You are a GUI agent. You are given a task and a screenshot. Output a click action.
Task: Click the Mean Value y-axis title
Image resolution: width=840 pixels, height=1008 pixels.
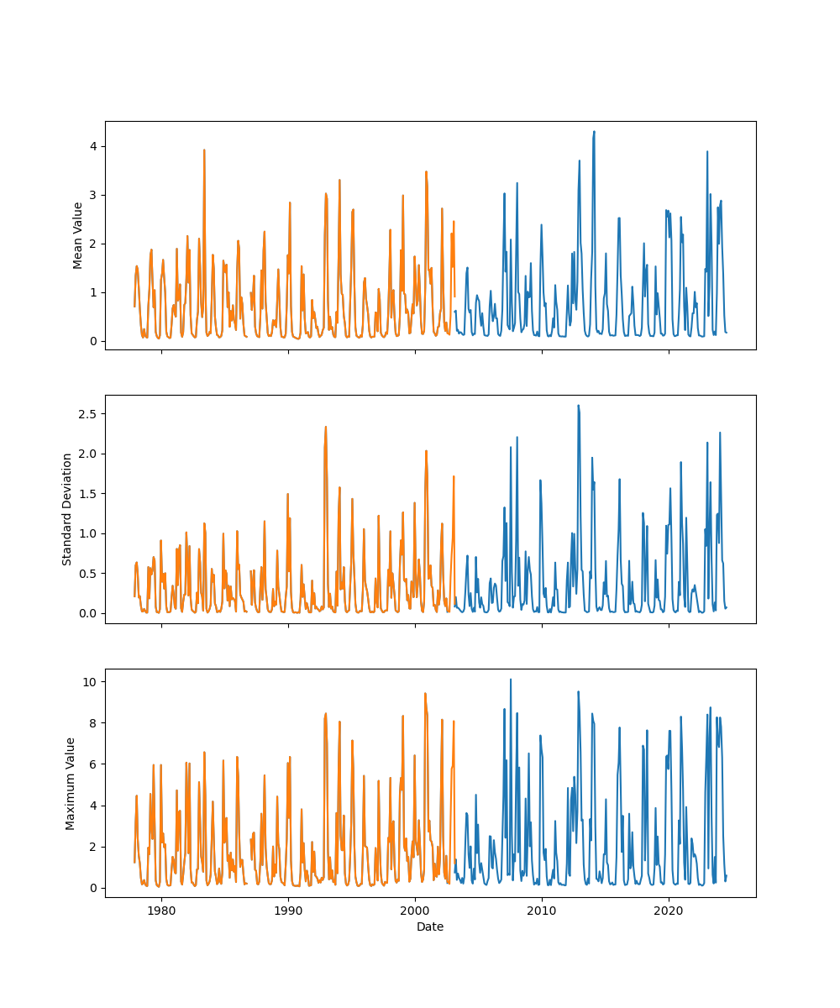(x=78, y=235)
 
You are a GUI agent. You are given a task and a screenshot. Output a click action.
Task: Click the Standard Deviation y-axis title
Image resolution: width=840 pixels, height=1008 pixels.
(x=67, y=509)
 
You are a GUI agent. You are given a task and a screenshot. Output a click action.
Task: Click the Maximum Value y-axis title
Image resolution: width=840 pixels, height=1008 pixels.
(x=71, y=783)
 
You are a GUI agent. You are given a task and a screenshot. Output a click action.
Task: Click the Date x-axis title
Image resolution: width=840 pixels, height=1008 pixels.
(x=430, y=927)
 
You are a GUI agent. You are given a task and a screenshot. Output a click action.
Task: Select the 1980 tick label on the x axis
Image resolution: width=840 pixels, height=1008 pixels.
(x=161, y=911)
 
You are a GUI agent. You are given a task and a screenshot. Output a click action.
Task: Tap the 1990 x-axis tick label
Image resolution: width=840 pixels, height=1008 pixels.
(x=288, y=911)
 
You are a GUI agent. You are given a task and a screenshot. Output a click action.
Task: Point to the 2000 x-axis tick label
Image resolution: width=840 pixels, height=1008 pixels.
(x=415, y=911)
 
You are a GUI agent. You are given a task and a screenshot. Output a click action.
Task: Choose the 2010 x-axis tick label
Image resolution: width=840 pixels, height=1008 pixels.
(x=542, y=911)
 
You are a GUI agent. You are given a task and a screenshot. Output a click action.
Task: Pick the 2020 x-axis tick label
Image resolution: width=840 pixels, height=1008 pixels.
(x=669, y=911)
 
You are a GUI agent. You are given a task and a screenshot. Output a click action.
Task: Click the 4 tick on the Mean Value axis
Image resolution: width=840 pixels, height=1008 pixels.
(x=94, y=146)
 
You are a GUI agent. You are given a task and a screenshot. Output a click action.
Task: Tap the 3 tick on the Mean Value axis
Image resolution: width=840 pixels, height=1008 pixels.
(x=94, y=195)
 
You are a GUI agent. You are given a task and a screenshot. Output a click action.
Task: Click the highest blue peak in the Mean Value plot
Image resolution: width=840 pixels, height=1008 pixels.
(x=594, y=132)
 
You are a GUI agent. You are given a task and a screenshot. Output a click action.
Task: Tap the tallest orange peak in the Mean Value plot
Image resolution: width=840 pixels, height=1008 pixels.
(x=204, y=150)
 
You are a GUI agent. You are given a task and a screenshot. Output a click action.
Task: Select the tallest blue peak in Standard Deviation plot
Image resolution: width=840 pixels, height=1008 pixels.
(x=578, y=406)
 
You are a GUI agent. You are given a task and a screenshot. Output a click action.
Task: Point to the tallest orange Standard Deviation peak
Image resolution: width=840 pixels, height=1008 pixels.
(x=326, y=427)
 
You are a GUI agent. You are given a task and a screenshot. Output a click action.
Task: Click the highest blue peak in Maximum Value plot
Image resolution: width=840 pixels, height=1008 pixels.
(x=510, y=680)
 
